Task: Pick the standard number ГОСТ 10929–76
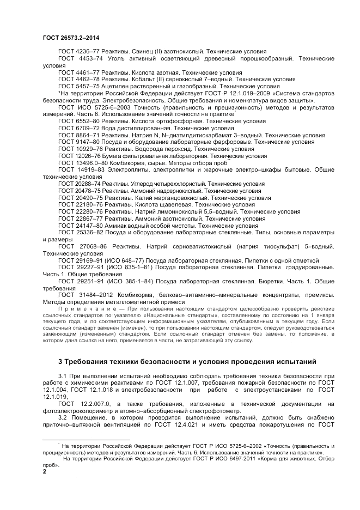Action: pos(78,149)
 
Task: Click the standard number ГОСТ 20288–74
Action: pos(78,184)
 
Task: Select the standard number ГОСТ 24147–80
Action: pos(78,226)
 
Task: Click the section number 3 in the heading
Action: pos(60,362)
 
